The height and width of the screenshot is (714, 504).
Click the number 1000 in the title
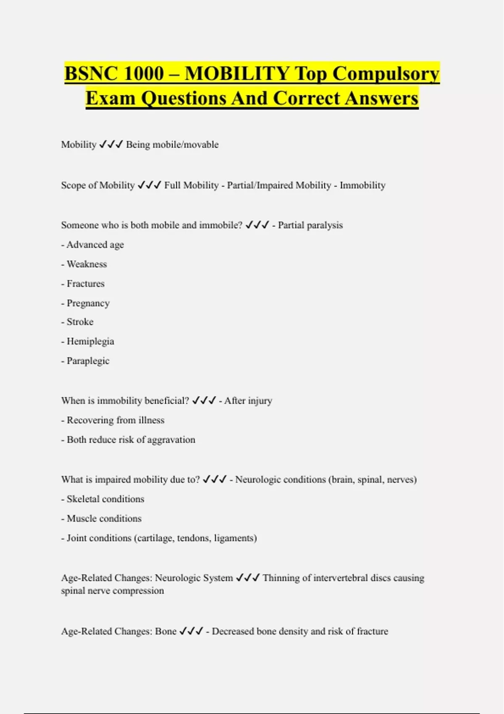pos(144,73)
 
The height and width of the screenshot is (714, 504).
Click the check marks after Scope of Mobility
pos(149,185)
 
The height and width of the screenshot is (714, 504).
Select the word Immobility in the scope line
pos(362,185)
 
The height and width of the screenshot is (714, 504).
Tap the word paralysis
pos(325,225)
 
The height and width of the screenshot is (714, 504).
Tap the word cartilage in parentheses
pos(155,538)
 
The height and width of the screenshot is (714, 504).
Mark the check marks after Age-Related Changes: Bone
pos(191,631)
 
